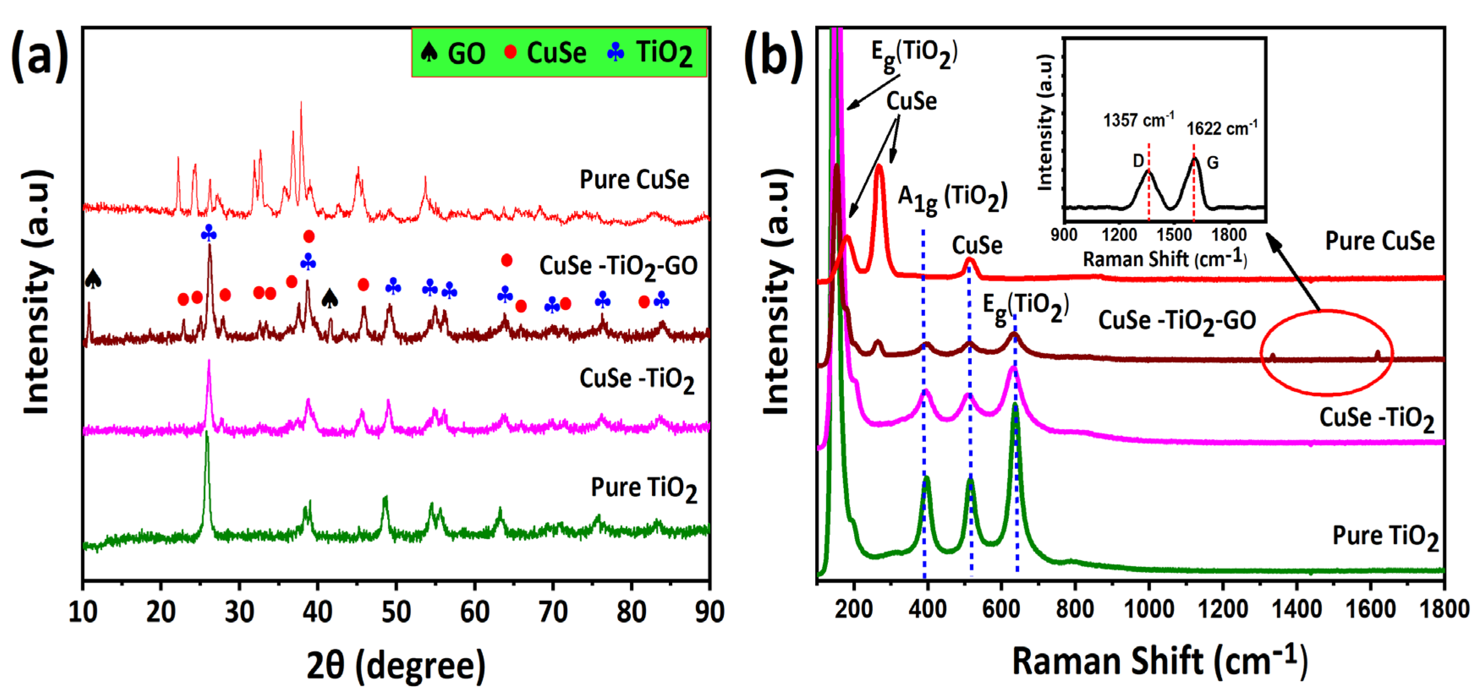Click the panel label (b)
pyautogui.click(x=773, y=56)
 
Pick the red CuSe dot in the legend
pyautogui.click(x=510, y=52)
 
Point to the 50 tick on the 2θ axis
pyautogui.click(x=396, y=612)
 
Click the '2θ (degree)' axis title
pyautogui.click(x=396, y=665)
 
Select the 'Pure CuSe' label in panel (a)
pyautogui.click(x=634, y=180)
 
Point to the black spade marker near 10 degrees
pyautogui.click(x=93, y=280)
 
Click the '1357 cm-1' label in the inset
pyautogui.click(x=1138, y=121)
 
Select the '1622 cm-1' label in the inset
pyautogui.click(x=1222, y=128)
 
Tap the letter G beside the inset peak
pyautogui.click(x=1213, y=163)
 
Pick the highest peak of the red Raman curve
pyautogui.click(x=879, y=167)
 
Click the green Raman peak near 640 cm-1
pyautogui.click(x=1014, y=406)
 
